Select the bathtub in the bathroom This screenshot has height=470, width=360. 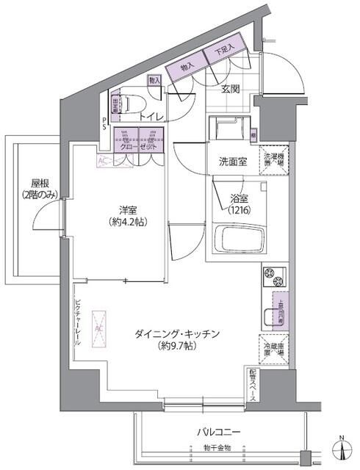point(237,239)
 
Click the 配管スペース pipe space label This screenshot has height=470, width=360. point(252,383)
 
